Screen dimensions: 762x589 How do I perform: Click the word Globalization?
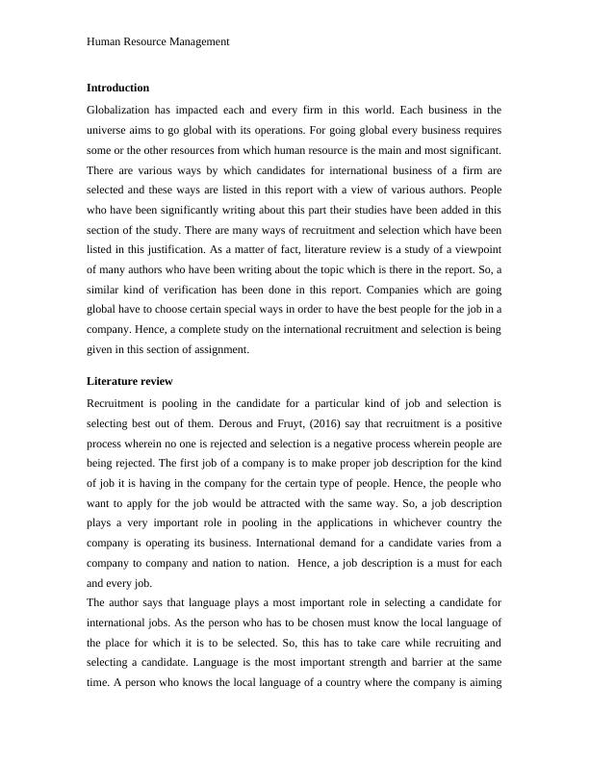coord(118,111)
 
